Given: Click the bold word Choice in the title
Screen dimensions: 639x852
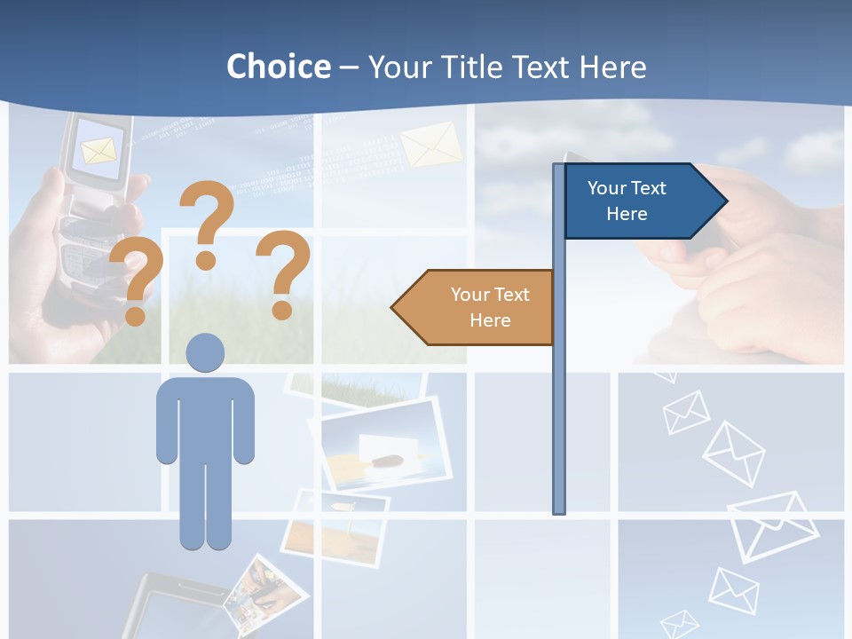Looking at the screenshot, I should click(278, 67).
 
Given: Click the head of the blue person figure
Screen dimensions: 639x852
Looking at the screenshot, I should click(205, 352).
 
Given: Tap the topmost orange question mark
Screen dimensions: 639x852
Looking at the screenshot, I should click(208, 222).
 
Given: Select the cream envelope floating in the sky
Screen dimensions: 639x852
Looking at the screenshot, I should click(431, 144).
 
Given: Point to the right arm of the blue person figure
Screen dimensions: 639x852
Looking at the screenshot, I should click(243, 422).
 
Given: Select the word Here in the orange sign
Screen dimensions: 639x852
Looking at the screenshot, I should click(490, 320).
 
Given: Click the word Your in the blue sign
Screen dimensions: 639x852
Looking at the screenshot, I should click(608, 188).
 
